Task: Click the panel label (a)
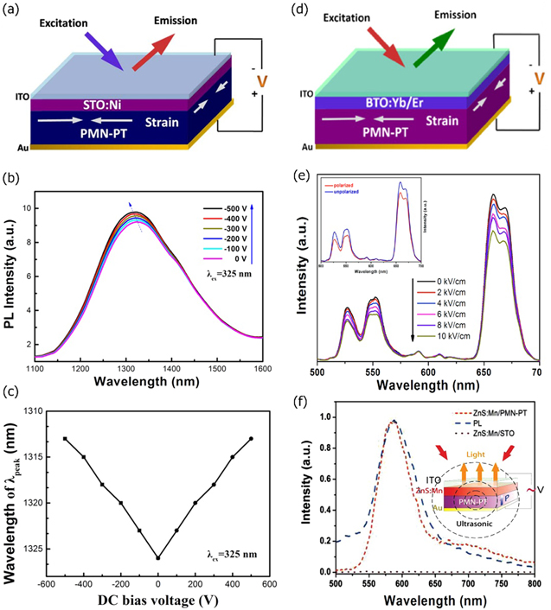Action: [x=15, y=10]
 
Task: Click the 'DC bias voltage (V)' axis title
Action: [x=157, y=600]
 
